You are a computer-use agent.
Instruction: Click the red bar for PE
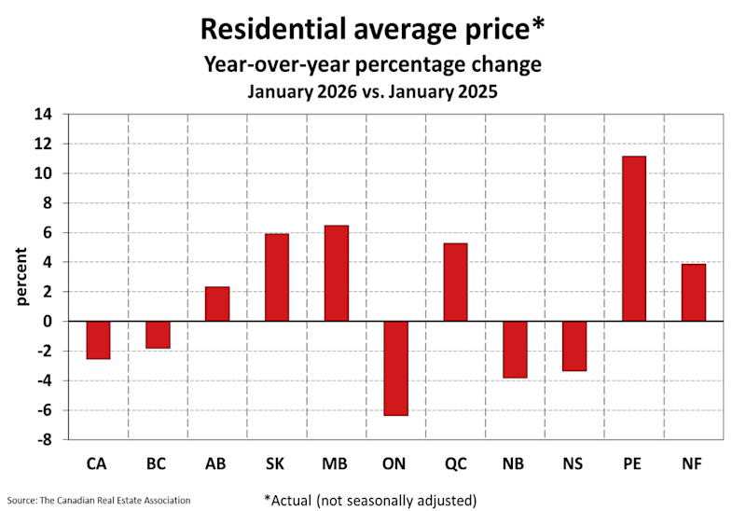point(634,239)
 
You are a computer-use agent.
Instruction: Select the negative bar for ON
point(395,368)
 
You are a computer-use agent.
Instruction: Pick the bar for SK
point(277,278)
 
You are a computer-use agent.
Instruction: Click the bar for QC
point(455,283)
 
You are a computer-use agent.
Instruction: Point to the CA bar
point(98,340)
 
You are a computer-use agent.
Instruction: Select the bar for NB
point(515,350)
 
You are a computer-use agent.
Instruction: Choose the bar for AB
point(217,304)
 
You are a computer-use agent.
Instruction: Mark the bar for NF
point(693,293)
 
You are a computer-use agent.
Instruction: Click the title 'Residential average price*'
point(373,29)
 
